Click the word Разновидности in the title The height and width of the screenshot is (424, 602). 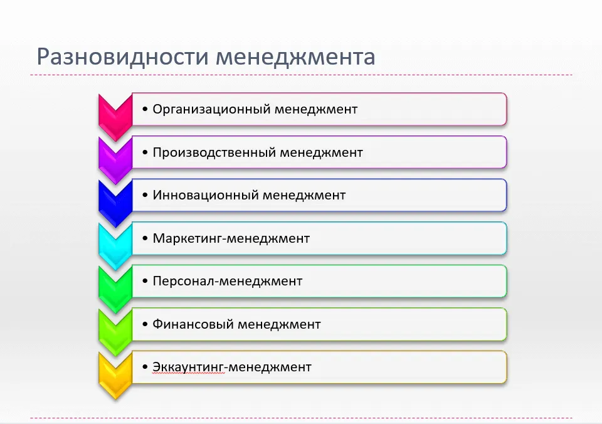[123, 57]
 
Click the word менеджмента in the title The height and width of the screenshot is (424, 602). [295, 57]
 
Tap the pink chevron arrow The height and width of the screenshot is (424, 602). [115, 117]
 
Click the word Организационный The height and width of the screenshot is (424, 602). [211, 110]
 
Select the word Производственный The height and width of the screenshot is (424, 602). [214, 152]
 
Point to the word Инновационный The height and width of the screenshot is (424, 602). [206, 195]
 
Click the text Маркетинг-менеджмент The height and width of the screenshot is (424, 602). [231, 238]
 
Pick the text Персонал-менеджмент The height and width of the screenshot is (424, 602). [227, 281]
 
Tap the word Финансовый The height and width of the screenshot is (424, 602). [193, 324]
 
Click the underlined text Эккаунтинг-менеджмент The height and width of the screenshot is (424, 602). [232, 367]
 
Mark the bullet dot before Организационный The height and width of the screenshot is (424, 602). [145, 110]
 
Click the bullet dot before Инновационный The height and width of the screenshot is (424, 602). [145, 196]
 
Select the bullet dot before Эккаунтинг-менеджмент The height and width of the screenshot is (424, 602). [145, 367]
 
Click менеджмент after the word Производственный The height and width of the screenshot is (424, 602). [321, 153]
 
